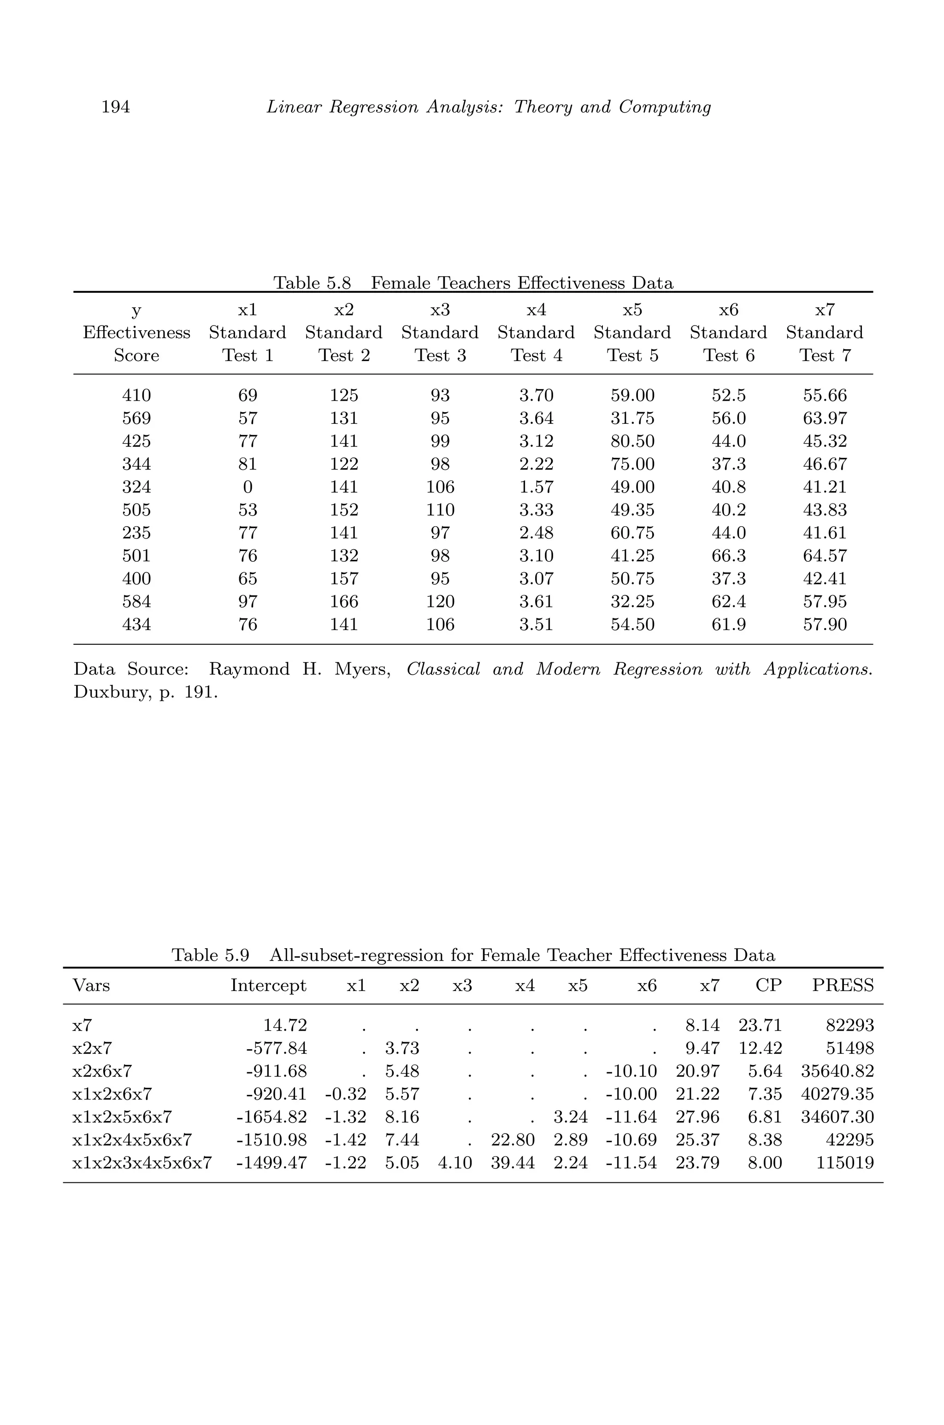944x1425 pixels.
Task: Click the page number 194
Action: tap(116, 107)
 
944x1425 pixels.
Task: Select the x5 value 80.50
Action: tap(632, 441)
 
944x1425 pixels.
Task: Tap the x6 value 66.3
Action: tap(728, 556)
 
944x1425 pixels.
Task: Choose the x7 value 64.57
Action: tap(825, 556)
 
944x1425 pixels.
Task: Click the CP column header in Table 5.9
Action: tap(768, 986)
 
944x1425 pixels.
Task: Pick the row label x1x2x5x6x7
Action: tap(122, 1117)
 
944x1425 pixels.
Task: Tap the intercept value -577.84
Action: tap(277, 1049)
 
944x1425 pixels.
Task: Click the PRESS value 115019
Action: tap(844, 1163)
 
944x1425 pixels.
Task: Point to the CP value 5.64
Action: tap(765, 1071)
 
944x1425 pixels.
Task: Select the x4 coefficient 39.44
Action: tap(513, 1163)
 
